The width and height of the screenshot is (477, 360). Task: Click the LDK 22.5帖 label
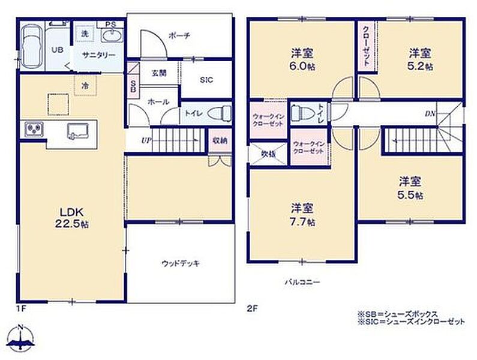pyautogui.click(x=72, y=218)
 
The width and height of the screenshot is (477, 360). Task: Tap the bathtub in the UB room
pyautogui.click(x=32, y=46)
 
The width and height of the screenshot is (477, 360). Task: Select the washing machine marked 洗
pyautogui.click(x=85, y=34)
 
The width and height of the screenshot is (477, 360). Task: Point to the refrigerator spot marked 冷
pyautogui.click(x=85, y=86)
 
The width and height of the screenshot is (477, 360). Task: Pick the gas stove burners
pyautogui.click(x=34, y=130)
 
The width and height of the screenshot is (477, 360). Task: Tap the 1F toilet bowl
pyautogui.click(x=219, y=113)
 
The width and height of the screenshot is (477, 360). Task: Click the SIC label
pyautogui.click(x=206, y=80)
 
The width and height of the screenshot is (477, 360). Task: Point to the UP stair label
pyautogui.click(x=146, y=140)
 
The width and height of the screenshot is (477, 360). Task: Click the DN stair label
pyautogui.click(x=430, y=114)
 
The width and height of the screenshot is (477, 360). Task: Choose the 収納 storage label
pyautogui.click(x=220, y=140)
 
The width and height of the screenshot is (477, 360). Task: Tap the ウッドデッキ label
pyautogui.click(x=181, y=263)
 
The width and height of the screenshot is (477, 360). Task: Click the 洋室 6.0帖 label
pyautogui.click(x=302, y=59)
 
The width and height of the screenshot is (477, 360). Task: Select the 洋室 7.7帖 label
pyautogui.click(x=302, y=215)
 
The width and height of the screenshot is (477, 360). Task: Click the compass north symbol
pyautogui.click(x=20, y=337)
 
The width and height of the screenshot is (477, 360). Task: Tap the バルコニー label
pyautogui.click(x=302, y=282)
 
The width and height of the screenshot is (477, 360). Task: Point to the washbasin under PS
pyautogui.click(x=112, y=36)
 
